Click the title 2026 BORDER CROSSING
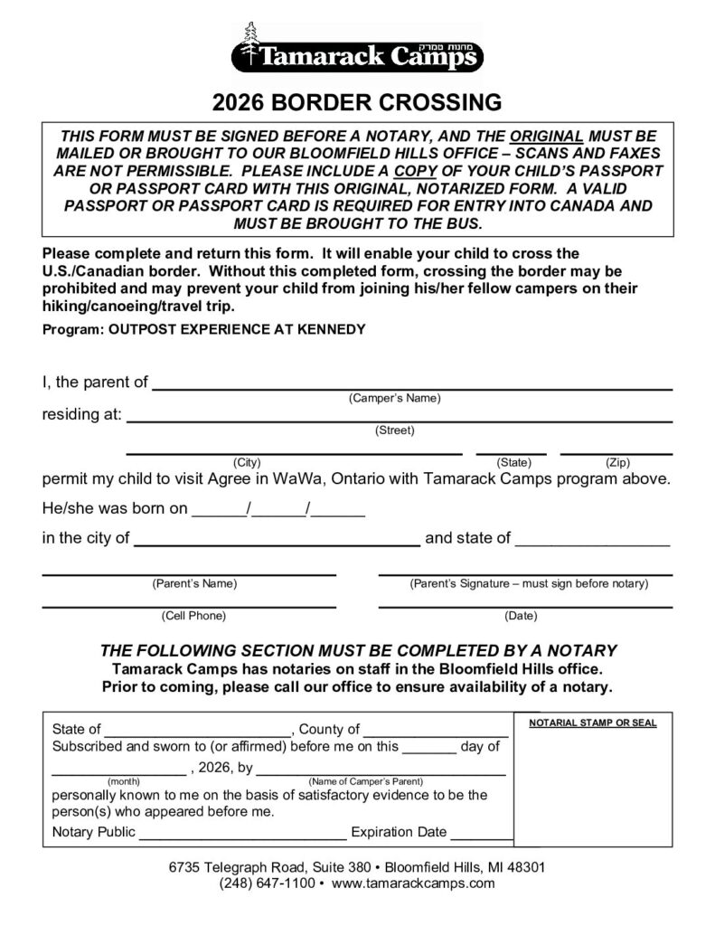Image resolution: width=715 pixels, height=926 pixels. [357, 100]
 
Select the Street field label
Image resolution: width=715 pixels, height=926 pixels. [394, 430]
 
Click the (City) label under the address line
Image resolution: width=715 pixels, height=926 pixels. [247, 462]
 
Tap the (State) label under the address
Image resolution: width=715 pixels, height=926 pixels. [514, 462]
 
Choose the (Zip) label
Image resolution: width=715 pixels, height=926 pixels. [617, 462]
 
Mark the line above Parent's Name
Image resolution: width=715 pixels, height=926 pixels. [190, 573]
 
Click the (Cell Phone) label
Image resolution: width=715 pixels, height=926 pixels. [193, 616]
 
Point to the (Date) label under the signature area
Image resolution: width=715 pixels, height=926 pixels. [521, 616]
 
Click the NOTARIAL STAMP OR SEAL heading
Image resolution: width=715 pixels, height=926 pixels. [593, 723]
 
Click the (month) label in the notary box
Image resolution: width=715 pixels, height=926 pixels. [123, 780]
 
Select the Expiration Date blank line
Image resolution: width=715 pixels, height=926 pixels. [483, 838]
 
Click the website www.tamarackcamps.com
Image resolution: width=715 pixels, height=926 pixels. [413, 883]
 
